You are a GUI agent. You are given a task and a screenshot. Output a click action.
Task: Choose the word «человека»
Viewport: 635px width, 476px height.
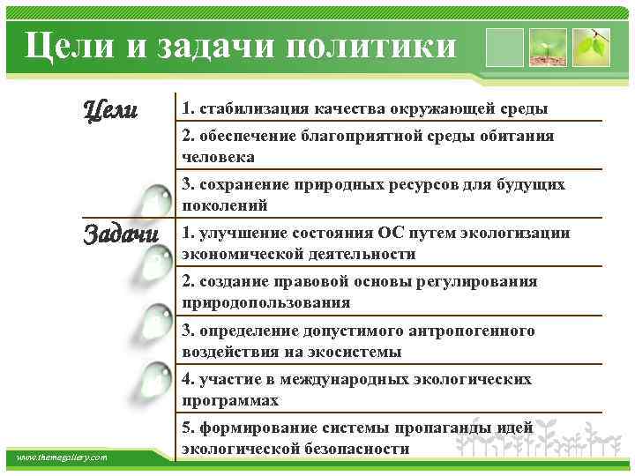tap(218, 157)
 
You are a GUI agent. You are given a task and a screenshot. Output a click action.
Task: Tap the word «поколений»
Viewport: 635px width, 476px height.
tap(224, 205)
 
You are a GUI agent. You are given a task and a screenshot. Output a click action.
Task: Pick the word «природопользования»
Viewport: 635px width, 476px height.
tap(265, 302)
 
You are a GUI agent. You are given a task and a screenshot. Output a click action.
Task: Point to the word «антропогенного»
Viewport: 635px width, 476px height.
tap(472, 331)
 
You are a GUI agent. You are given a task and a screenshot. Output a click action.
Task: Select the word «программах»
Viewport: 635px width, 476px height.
tap(230, 400)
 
